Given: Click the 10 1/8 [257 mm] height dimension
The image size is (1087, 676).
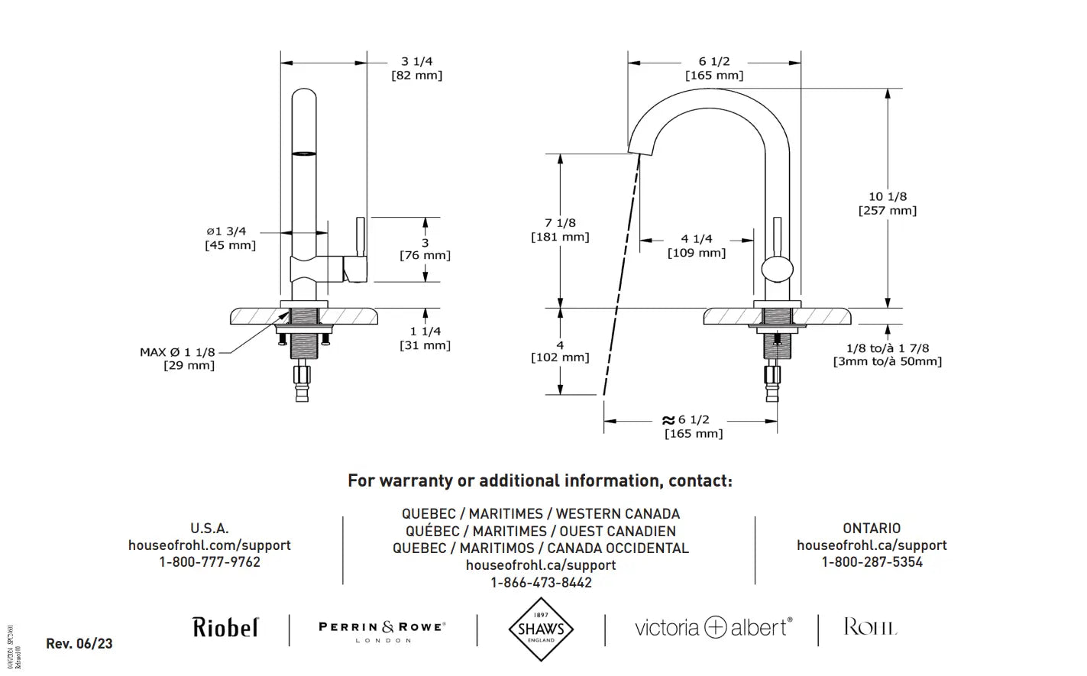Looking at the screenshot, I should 887,203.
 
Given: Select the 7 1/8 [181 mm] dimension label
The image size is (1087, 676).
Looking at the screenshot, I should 560,229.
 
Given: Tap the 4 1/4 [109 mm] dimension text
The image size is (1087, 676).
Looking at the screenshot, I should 696,245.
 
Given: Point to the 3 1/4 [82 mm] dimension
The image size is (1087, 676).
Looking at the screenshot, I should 416,68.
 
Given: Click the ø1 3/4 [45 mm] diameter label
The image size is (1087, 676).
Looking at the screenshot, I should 229,238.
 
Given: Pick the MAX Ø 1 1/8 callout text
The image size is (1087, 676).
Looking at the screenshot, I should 177,352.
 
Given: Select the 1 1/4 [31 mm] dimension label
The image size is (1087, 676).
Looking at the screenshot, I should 425,338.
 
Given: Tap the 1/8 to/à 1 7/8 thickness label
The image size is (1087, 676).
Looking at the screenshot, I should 887,354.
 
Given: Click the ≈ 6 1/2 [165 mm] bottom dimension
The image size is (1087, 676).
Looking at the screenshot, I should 692,426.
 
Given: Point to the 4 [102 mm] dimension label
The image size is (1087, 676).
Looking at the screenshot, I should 560,351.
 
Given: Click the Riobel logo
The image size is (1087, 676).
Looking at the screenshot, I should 225,628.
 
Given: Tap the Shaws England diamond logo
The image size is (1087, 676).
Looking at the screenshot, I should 541,629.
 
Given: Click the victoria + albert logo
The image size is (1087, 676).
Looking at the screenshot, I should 713,628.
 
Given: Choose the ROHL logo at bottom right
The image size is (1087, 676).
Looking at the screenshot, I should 870,628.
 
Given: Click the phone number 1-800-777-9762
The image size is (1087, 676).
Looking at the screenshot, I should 209,562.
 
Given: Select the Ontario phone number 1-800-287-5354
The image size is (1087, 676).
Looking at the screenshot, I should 872,562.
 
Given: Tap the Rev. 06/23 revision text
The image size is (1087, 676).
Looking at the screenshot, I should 79,643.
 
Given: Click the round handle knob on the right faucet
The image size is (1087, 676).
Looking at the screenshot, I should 778,270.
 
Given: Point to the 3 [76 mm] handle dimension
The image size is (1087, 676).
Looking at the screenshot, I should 425,249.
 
